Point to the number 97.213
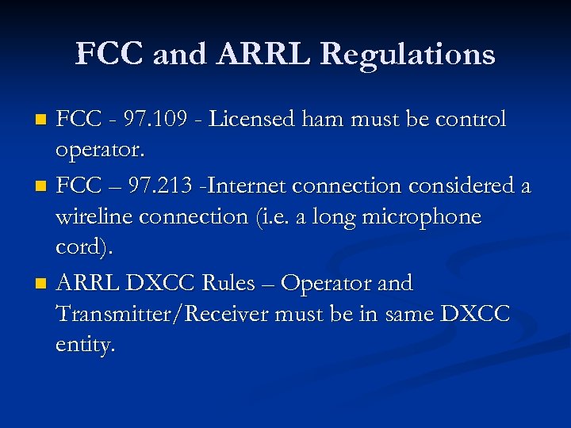pyautogui.click(x=161, y=185)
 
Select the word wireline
pyautogui.click(x=94, y=217)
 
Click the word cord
pyautogui.click(x=82, y=249)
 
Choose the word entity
pyautogui.click(x=85, y=346)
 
